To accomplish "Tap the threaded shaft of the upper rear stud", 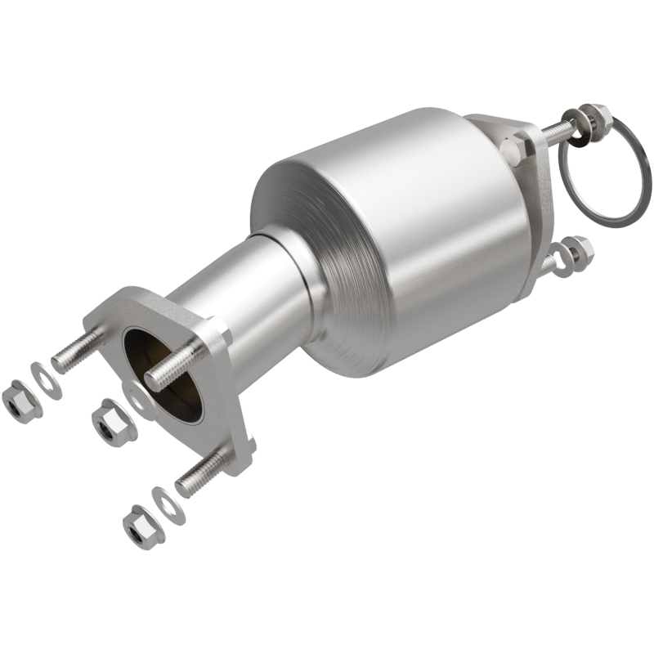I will coord(556,128).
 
